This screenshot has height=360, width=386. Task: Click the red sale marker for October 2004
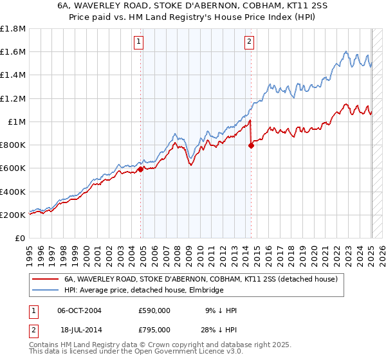140,170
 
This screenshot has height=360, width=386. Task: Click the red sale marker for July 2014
251,146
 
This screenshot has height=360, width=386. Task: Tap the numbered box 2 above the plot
249,42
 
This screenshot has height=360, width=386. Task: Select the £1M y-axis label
17,122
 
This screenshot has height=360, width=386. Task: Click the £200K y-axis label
13,215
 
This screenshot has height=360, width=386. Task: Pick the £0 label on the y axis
21,239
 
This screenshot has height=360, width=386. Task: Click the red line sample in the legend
45,280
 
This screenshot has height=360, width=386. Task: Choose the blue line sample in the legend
45,291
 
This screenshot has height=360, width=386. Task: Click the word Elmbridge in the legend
207,291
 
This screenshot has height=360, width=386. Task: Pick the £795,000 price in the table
154,330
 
